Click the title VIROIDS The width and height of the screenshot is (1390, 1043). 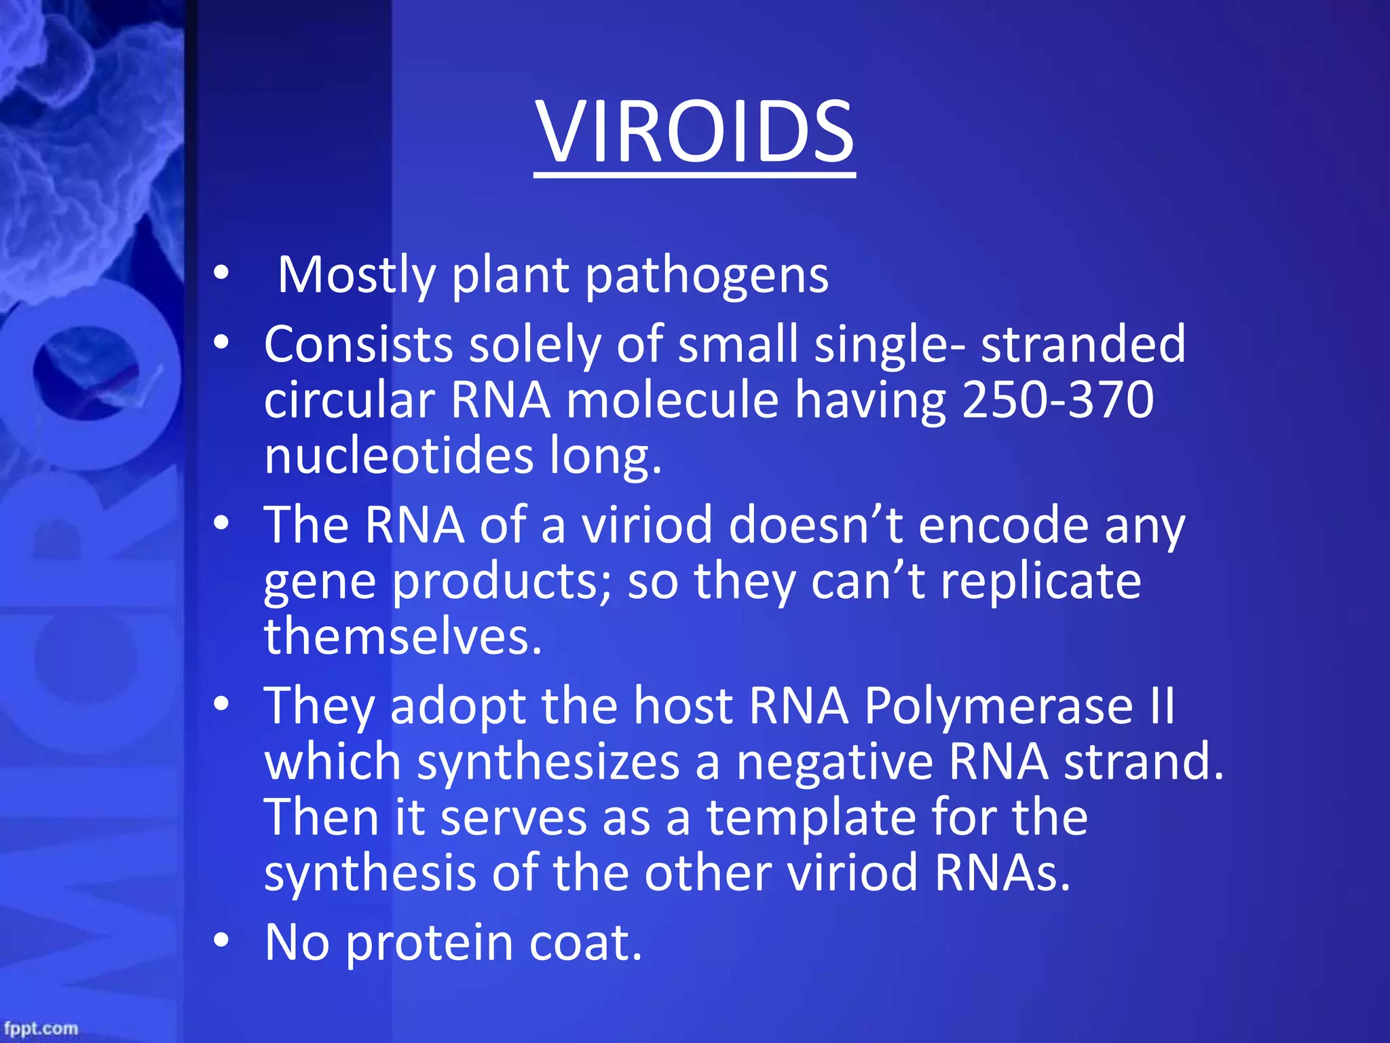click(x=694, y=132)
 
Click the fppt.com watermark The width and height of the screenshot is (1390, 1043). click(x=41, y=1028)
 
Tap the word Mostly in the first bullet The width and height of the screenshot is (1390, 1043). click(x=356, y=275)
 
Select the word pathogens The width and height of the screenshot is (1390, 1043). click(x=707, y=276)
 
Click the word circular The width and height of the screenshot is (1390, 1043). click(x=349, y=399)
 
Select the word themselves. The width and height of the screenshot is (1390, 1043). click(x=403, y=636)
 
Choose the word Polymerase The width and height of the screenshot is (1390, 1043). click(x=998, y=706)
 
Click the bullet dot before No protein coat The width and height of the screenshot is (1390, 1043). click(x=221, y=941)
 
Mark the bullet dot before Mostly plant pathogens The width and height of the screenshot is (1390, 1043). click(x=221, y=274)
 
